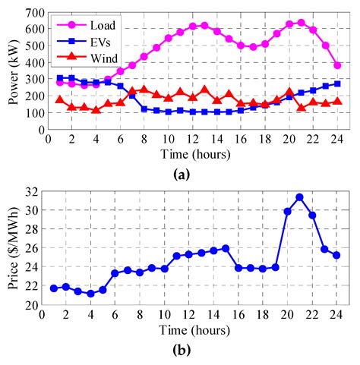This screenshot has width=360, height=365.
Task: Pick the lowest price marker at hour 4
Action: coord(91,294)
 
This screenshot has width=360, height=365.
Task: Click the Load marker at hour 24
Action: coord(337,66)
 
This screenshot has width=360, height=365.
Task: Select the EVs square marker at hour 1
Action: coord(60,78)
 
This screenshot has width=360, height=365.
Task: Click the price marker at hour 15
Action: coord(226,248)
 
